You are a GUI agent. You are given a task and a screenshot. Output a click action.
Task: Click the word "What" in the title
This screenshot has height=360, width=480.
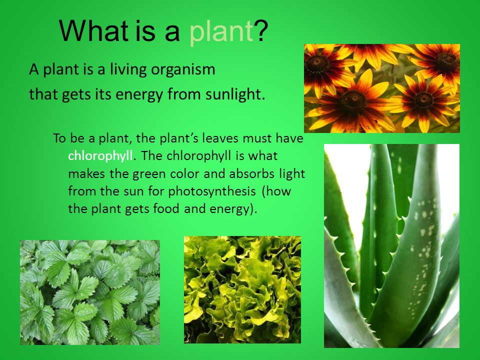click(x=93, y=30)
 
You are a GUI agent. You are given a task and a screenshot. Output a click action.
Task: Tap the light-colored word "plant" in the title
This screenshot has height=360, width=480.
click(x=221, y=32)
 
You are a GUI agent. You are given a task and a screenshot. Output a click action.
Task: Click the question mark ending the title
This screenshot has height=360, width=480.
click(x=261, y=30)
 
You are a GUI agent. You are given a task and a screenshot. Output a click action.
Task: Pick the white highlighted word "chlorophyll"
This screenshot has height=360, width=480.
click(x=100, y=156)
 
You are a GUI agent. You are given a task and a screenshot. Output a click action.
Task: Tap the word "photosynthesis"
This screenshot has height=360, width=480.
click(x=212, y=191)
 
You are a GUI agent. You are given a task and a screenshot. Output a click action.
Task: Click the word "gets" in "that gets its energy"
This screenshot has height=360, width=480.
click(x=75, y=95)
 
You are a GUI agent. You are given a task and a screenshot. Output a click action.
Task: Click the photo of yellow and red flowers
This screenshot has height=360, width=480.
click(x=381, y=88)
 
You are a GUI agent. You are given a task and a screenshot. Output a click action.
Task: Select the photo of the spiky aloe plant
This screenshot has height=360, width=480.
click(x=391, y=246)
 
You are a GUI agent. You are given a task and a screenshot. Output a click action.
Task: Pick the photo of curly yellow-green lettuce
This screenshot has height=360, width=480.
click(x=242, y=289)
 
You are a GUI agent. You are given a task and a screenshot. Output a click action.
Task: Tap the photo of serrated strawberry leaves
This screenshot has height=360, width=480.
click(x=90, y=292)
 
